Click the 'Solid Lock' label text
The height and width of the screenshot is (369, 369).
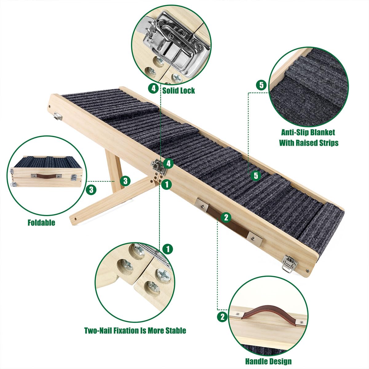coord(178,90)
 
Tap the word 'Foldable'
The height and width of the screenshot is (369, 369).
coord(42,222)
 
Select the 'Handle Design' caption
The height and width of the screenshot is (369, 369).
coord(268,361)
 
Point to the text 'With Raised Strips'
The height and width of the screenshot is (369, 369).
coord(309,143)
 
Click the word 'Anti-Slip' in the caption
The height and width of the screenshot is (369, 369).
coord(295,132)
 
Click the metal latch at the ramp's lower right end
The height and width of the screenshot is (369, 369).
coord(290,264)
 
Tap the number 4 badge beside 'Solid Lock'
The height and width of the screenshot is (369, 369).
coord(153,89)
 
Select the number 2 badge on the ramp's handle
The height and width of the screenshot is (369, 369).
coord(226,217)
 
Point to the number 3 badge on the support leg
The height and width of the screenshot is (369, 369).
coord(125,181)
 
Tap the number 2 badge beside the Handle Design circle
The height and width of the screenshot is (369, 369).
coord(222,317)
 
